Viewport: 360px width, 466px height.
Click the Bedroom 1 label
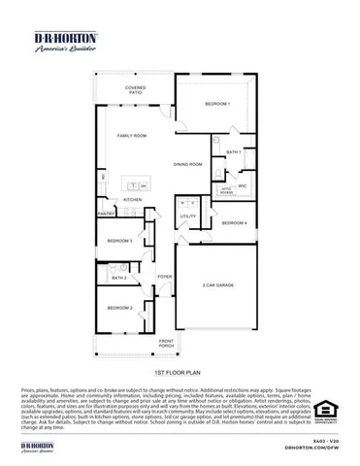(216, 103)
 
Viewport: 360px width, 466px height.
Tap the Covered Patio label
(136, 90)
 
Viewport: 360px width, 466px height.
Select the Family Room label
(133, 135)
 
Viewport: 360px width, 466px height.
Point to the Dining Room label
(187, 165)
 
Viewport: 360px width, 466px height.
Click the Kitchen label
(132, 200)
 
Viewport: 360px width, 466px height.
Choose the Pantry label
(105, 215)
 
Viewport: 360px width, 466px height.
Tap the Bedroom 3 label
(119, 240)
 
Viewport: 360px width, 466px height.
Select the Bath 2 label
(118, 278)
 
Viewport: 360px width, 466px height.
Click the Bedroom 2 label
(119, 308)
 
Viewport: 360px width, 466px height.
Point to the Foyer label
(165, 276)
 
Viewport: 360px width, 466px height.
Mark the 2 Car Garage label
(218, 285)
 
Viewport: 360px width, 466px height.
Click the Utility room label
(187, 216)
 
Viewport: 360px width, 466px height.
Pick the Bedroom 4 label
(234, 223)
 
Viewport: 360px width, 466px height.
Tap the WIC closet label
(243, 184)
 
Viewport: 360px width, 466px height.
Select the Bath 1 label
(233, 152)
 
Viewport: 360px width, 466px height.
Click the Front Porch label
(166, 343)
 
